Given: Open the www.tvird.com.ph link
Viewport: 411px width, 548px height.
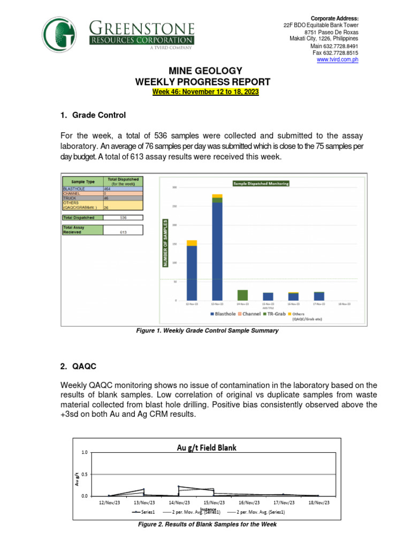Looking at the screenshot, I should tap(338, 60).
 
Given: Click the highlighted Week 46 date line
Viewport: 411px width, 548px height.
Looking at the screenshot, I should tap(205, 92).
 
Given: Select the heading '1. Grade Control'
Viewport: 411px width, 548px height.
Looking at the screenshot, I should tap(93, 114).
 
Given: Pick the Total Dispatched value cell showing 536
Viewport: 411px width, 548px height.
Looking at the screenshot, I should tap(123, 218).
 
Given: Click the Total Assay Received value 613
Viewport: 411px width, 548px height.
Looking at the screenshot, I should tap(123, 233).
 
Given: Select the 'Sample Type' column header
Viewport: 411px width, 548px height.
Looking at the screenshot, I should tap(82, 181).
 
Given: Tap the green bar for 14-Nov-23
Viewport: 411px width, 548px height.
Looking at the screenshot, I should tap(242, 295).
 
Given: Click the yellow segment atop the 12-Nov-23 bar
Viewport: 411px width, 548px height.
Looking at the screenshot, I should tap(192, 243).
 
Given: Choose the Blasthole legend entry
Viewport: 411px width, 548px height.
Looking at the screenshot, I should tap(227, 314).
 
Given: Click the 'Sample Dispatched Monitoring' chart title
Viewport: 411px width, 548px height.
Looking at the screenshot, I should tap(261, 184).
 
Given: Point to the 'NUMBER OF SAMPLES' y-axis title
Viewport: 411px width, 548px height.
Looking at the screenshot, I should tap(166, 243).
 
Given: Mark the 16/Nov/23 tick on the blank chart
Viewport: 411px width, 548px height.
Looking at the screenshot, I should tap(249, 503).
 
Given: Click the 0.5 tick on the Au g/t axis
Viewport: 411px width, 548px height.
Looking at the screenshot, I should tap(84, 474).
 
